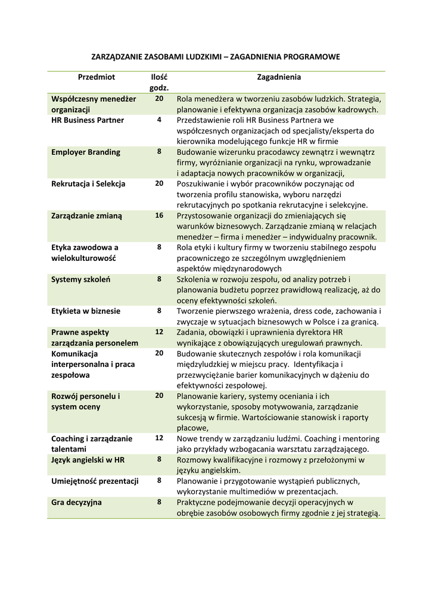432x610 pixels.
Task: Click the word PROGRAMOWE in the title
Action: coord(309,57)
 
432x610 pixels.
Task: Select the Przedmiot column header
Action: coord(96,77)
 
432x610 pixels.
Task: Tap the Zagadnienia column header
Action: coord(279,77)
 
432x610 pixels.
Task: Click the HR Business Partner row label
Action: coord(88,120)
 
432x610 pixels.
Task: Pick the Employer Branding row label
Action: coord(86,152)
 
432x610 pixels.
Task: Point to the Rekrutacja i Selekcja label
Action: coord(88,183)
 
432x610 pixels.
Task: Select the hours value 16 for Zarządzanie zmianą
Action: coord(159,215)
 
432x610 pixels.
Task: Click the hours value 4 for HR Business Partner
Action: coord(159,120)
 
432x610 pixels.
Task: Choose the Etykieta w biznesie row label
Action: coord(86,310)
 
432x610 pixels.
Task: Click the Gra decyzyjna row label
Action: coord(76,502)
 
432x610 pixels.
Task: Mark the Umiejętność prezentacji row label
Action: coord(95,481)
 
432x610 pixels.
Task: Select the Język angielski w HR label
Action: coord(88,459)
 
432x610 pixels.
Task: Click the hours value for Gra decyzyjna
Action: coord(159,502)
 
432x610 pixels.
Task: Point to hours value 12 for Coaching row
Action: coord(159,437)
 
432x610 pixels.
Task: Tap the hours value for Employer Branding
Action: coord(159,151)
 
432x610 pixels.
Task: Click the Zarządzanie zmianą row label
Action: coord(86,216)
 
